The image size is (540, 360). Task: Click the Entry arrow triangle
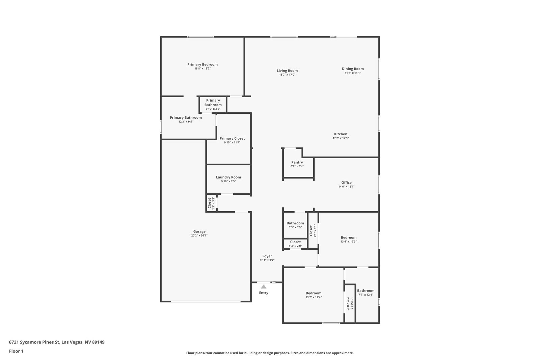coord(264,286)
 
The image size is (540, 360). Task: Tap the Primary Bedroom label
coord(202,64)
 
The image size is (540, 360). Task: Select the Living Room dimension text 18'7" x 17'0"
coord(287,75)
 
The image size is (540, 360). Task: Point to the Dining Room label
coord(353,69)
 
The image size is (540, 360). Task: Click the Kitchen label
coord(341,134)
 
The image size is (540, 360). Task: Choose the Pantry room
coord(298,164)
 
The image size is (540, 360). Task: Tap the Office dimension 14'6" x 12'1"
coord(346,187)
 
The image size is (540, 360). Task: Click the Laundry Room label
coord(228,177)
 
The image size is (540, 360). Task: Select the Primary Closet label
coord(232,138)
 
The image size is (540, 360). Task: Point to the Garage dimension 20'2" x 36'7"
coord(199,236)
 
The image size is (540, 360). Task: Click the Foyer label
coord(267,256)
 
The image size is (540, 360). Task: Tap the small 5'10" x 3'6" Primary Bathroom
coord(213,105)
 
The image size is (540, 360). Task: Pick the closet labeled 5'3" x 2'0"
coord(295,244)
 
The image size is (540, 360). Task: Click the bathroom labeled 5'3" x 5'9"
coord(295,225)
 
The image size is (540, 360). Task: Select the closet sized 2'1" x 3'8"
coord(211,203)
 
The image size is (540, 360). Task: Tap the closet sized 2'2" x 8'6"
coord(350,304)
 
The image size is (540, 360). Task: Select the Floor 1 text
coord(16,351)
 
